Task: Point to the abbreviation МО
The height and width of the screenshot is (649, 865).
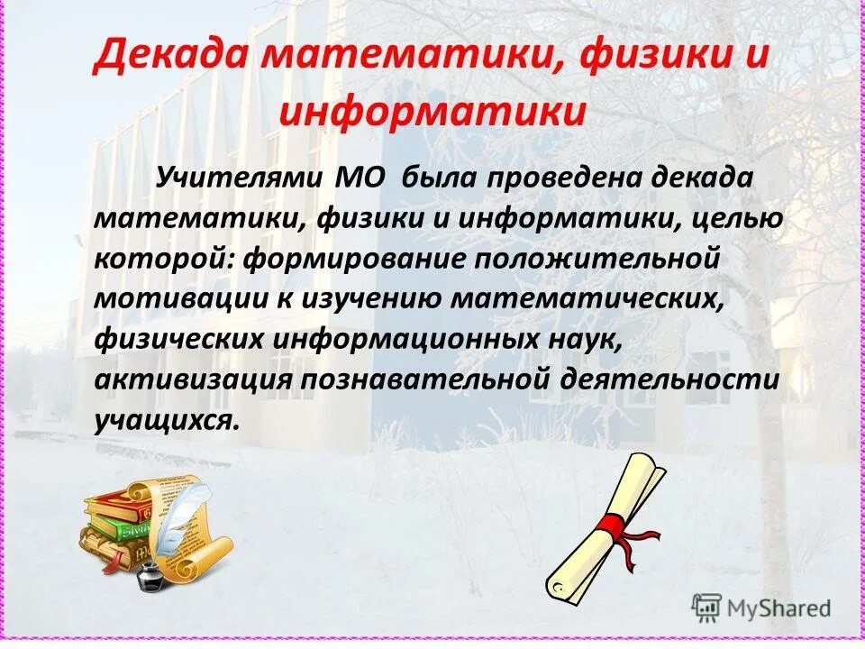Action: click(x=360, y=176)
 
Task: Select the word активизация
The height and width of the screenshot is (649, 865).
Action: click(x=193, y=379)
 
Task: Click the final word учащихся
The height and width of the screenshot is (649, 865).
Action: click(x=167, y=419)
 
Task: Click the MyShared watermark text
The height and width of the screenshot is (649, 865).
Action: click(x=779, y=608)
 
